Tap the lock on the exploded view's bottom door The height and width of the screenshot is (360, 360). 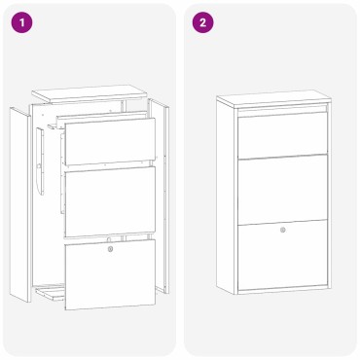tap(111, 250)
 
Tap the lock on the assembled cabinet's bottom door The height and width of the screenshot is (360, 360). tap(283, 231)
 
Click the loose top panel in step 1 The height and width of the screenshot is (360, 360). tap(87, 95)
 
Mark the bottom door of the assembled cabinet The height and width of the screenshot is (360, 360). tap(282, 255)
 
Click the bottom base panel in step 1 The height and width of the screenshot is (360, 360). tap(49, 290)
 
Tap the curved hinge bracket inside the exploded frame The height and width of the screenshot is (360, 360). tap(40, 181)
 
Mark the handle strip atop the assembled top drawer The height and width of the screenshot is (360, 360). tap(282, 115)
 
